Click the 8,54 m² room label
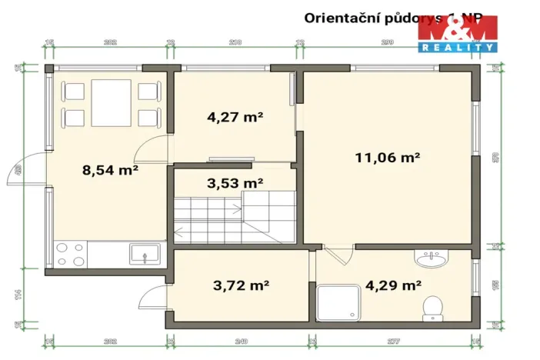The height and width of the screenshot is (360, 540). (109, 170)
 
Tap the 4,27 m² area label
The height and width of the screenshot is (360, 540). (235, 118)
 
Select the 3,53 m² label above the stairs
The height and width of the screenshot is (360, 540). (235, 183)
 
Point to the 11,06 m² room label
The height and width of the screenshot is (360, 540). (387, 158)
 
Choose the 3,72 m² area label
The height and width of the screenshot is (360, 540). (240, 285)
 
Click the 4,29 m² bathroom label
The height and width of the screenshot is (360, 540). (393, 285)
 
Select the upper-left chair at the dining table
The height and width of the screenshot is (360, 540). (74, 92)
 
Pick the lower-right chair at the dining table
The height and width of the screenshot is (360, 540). (148, 118)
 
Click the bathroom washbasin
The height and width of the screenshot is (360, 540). (432, 258)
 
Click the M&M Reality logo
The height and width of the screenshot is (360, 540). (458, 34)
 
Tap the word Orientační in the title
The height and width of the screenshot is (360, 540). (337, 16)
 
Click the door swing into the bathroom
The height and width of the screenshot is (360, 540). (336, 255)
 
